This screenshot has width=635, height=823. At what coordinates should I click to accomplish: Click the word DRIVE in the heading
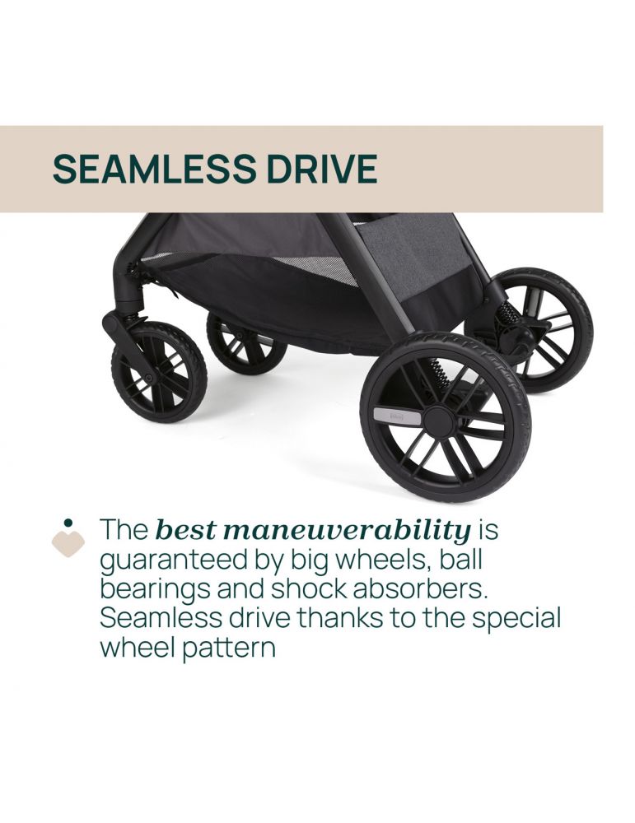pos(322,169)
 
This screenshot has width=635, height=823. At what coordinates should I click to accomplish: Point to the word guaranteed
pos(173,560)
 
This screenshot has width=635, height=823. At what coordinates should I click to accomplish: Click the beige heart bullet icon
pos(68,544)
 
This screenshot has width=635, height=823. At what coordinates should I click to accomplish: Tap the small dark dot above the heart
pos(68,523)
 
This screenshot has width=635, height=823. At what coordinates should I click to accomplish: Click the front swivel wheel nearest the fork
pos(159,372)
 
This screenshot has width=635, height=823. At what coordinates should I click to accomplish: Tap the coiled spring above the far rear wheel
pos(509,313)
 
